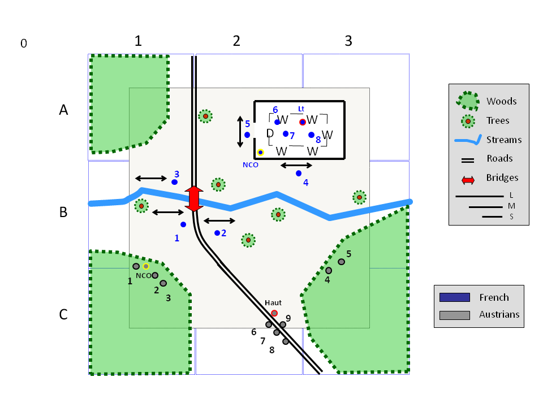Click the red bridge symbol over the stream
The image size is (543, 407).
click(194, 198)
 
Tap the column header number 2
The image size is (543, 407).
click(236, 41)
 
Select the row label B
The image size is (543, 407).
click(63, 212)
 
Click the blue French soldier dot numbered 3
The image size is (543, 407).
click(175, 182)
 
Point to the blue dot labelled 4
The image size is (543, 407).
click(299, 174)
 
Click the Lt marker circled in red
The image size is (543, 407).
click(303, 122)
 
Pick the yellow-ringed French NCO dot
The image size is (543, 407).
click(260, 152)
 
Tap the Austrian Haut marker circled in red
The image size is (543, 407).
click(274, 313)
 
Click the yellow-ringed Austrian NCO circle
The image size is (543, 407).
click(146, 266)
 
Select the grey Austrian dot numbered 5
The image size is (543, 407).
click(342, 262)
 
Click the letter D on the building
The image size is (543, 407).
click(270, 133)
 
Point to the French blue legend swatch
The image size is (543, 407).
click(455, 297)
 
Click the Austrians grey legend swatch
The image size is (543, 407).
click(455, 315)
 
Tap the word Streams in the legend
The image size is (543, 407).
click(504, 140)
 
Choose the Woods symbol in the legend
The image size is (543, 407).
click(468, 101)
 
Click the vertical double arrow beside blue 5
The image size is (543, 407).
click(240, 132)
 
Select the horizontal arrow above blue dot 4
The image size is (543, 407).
click(296, 166)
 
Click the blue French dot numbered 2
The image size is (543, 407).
click(217, 233)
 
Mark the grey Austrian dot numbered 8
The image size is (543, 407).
click(285, 341)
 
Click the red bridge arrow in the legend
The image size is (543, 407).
click(468, 180)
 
